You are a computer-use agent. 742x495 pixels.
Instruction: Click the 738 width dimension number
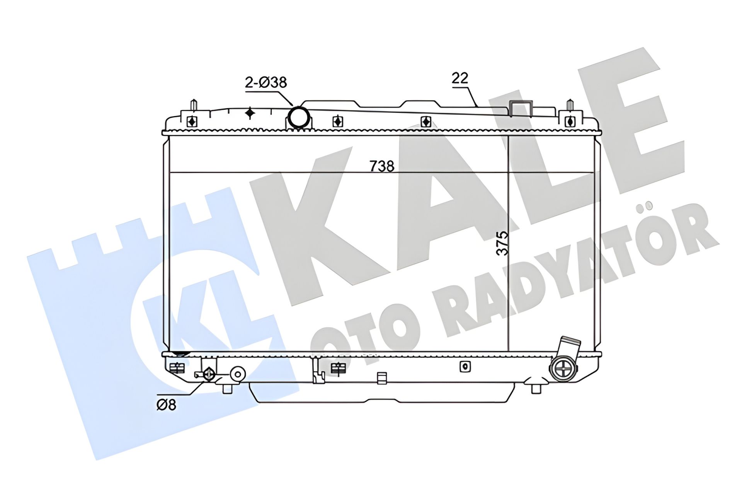tap(382, 166)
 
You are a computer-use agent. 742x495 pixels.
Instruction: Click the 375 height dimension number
tap(502, 243)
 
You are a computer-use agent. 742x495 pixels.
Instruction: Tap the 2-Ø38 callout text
tap(266, 82)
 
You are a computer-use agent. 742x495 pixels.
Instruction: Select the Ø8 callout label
tap(166, 405)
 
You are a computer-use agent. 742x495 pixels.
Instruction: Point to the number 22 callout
tap(460, 78)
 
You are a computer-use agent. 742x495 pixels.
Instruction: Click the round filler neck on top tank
tap(298, 117)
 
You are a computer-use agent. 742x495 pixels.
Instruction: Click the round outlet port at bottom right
tap(563, 369)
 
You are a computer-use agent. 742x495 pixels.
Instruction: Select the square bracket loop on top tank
tap(521, 108)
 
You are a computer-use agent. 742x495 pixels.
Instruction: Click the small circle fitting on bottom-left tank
tap(237, 374)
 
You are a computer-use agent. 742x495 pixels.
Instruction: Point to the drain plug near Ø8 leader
tap(209, 374)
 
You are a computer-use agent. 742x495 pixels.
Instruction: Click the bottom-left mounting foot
tap(227, 388)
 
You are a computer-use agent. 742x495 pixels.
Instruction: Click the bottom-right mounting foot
tap(536, 388)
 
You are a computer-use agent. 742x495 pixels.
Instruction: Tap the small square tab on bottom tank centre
tap(382, 378)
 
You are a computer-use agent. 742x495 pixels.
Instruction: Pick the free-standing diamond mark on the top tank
tap(250, 113)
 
